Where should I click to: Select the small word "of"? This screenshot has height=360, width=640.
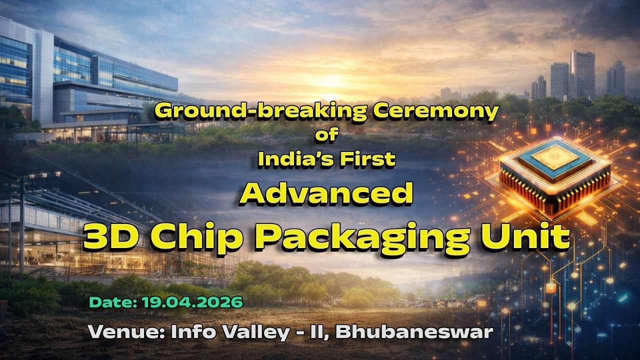click(x=326, y=134)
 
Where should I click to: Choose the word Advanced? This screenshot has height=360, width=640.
click(x=326, y=194)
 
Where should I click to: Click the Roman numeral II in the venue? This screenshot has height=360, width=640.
click(x=317, y=332)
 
